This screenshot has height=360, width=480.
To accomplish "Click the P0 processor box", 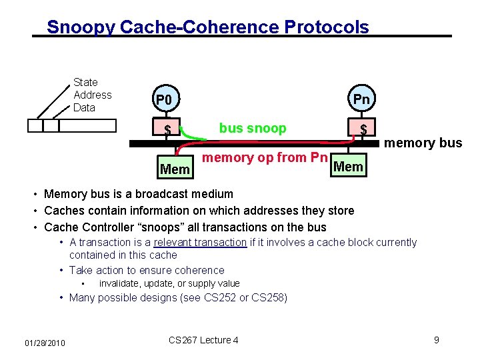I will pos(163,101).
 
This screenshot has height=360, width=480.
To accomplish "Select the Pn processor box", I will pos(361,99).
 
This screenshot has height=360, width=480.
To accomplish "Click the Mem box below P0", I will pos(175,169).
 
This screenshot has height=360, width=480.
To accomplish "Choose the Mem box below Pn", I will pos(349,166).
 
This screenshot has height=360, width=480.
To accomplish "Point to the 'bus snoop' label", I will pos(253,128).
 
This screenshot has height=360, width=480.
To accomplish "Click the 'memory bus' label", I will pos(423,142).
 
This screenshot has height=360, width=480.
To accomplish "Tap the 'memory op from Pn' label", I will pos(264,157).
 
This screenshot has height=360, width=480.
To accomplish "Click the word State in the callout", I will pos(85,82).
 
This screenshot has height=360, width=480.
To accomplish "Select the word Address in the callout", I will pos(93,95).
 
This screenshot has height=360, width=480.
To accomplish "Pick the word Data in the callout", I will pos(84,107).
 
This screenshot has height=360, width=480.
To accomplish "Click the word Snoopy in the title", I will pos(80,27).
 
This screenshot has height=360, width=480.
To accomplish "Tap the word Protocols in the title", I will pos(327,27).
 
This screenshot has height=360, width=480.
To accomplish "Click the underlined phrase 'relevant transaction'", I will pos(200,243).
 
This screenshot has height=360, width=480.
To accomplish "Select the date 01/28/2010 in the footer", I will pos(45,343).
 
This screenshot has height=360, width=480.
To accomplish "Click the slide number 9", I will pos(436,340).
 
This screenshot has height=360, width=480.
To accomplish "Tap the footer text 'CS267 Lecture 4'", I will pos(203,340).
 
